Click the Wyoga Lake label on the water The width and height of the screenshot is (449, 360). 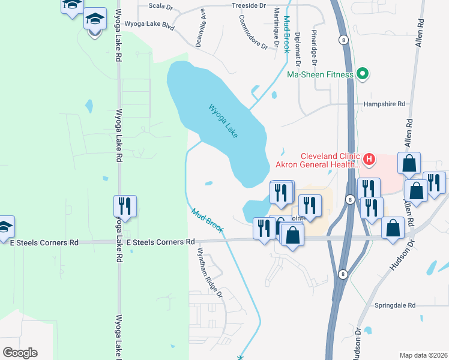click(x=224, y=121)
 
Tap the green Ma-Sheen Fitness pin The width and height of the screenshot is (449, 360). click(x=362, y=74)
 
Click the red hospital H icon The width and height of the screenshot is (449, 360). click(x=369, y=160)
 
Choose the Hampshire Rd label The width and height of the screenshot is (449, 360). click(x=384, y=104)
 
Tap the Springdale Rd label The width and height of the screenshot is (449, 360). click(x=395, y=305)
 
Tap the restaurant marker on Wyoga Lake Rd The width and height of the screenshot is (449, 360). click(x=125, y=206)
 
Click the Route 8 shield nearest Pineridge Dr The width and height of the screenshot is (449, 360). click(x=343, y=40)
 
